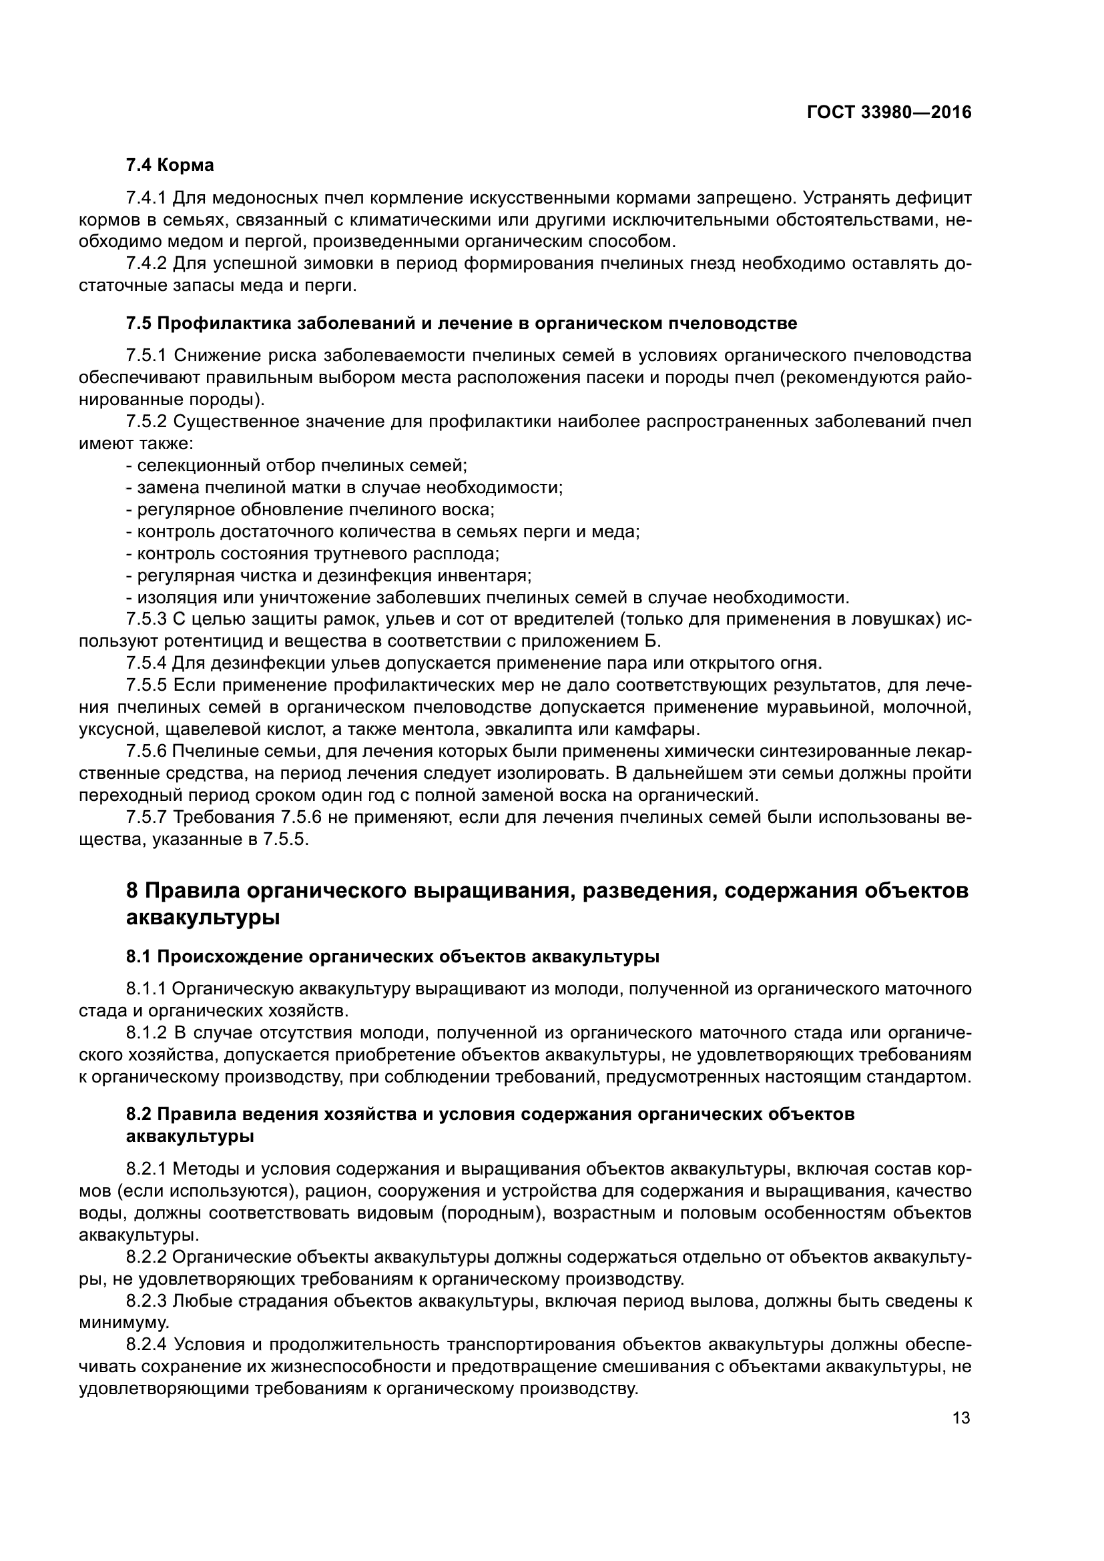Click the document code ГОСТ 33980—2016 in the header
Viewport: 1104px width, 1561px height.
coord(888,113)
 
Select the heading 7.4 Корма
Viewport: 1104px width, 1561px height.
coord(170,166)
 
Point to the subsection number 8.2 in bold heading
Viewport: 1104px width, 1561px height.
coord(139,1115)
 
